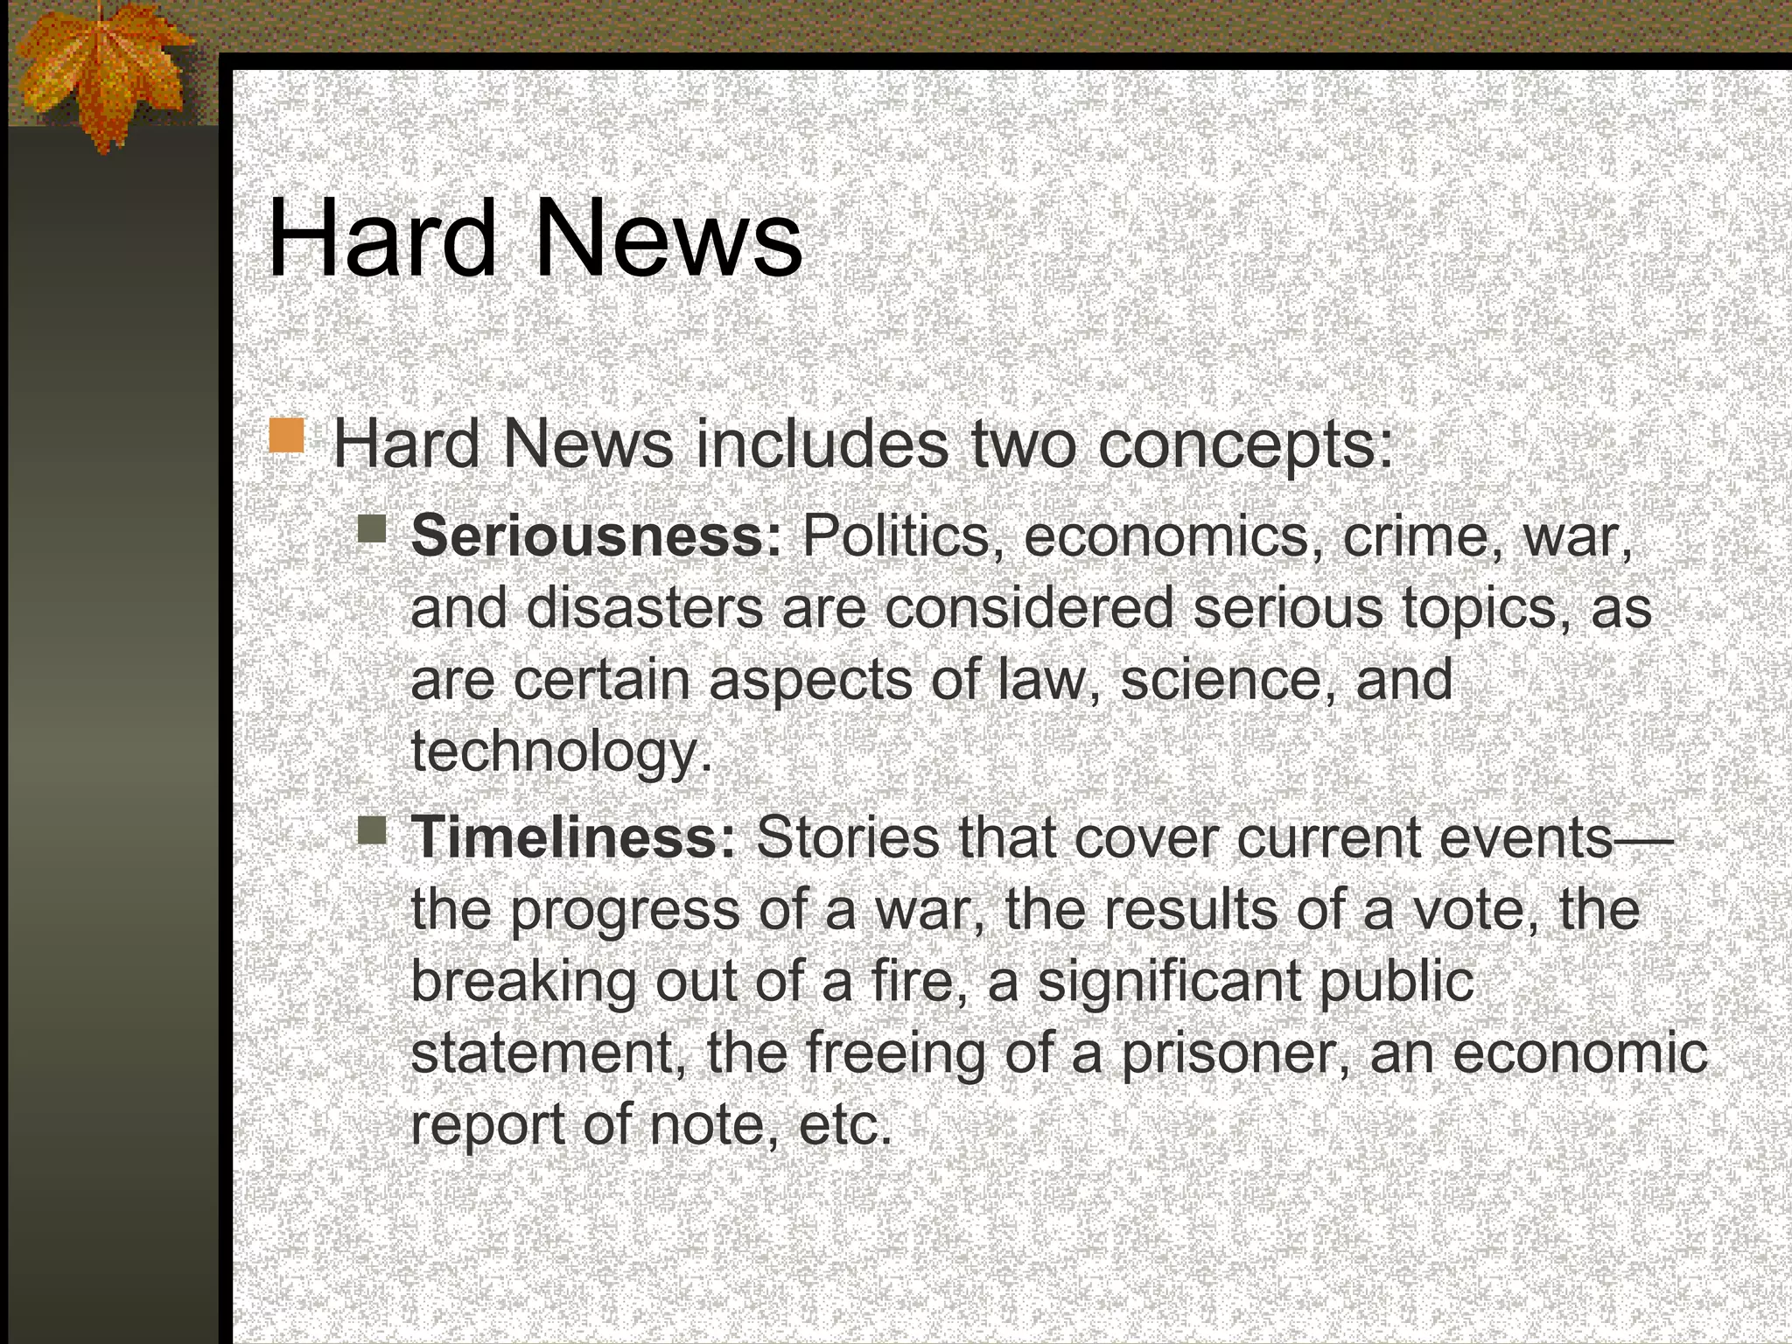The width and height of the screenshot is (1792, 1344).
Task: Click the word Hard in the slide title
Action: [381, 238]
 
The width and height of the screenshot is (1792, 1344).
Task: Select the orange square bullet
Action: [287, 436]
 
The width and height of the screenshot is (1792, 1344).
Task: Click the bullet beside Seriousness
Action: [372, 528]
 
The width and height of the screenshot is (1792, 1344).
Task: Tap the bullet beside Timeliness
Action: [372, 830]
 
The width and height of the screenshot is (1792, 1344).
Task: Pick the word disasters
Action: [644, 607]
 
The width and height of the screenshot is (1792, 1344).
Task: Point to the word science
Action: [1221, 679]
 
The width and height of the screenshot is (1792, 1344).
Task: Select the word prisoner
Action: [1235, 1053]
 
